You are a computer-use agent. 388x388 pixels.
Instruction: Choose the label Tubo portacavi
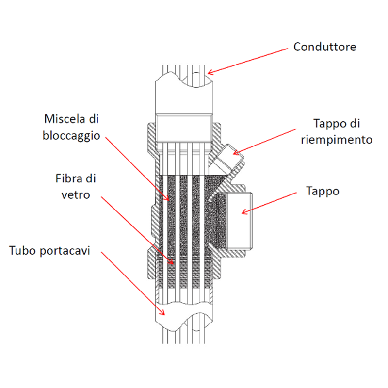(x=50, y=252)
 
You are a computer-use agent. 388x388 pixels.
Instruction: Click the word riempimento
(x=336, y=140)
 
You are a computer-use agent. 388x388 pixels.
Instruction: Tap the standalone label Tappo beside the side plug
(x=323, y=191)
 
